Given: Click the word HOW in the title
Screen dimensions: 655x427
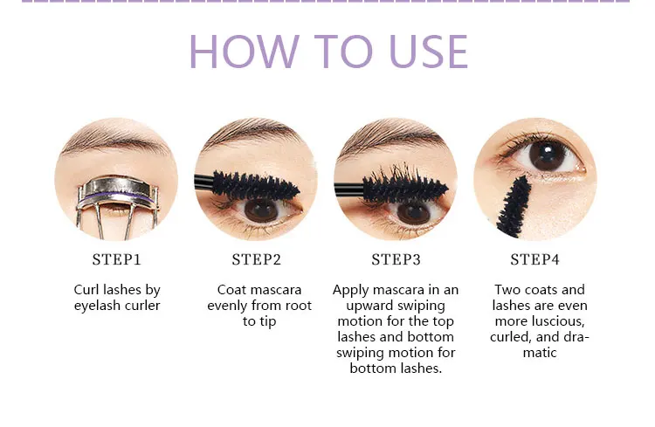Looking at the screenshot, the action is point(245,51).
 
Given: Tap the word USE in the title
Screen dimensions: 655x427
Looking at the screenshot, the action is point(429,51).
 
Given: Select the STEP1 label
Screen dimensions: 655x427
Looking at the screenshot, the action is point(117,259).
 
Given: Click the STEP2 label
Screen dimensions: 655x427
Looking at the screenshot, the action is point(257,259).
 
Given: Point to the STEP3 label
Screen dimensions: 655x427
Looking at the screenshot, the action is point(396,259).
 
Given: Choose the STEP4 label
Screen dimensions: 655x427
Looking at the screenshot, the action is point(534,259).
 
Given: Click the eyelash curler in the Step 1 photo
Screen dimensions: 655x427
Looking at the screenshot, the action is point(117,205).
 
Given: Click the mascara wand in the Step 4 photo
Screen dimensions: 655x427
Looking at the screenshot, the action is point(514,208).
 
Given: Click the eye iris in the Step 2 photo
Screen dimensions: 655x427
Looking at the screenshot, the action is point(260,210).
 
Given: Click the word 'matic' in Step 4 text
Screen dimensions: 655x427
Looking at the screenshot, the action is point(540,353).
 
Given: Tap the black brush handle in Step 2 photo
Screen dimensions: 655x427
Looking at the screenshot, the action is point(203,181).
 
